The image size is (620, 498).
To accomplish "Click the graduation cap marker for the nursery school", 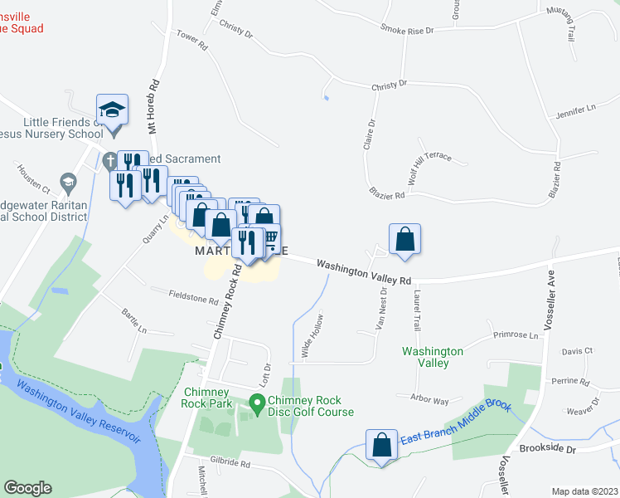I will [x=112, y=110].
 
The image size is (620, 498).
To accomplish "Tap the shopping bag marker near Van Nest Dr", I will [x=404, y=239].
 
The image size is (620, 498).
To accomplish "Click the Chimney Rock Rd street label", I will [x=227, y=303].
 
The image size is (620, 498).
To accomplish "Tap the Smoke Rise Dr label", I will [x=407, y=29].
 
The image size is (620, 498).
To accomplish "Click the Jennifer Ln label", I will [x=577, y=110].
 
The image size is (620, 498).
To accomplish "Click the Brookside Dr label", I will [x=547, y=447].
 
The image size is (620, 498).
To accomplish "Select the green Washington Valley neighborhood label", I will [x=432, y=357].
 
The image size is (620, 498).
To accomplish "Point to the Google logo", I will [x=27, y=488].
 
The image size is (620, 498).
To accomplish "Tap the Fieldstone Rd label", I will [x=193, y=297].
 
